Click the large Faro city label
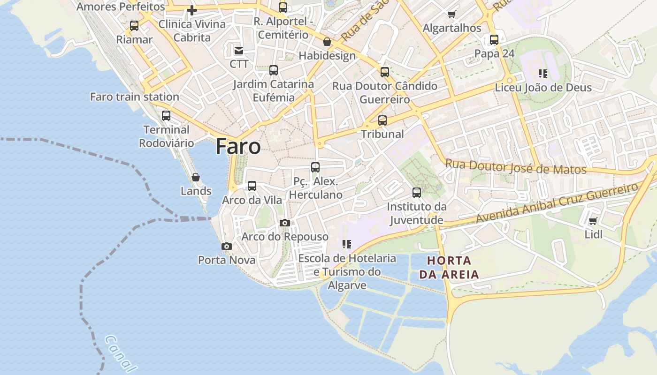click(238, 147)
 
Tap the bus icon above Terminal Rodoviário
click(166, 116)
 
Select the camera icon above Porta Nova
click(227, 246)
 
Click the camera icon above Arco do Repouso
click(285, 223)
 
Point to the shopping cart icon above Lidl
click(593, 221)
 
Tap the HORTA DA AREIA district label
click(449, 268)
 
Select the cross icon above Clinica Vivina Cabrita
click(191, 10)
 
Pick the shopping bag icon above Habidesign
click(327, 42)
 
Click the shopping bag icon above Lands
click(196, 177)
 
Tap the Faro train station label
click(135, 97)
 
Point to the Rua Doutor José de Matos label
click(516, 166)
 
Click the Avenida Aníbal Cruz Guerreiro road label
click(558, 203)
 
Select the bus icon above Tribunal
click(382, 120)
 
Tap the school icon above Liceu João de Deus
click(543, 74)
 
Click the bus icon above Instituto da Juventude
click(417, 193)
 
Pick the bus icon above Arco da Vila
click(252, 186)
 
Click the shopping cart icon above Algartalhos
click(451, 14)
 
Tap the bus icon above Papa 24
click(494, 40)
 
